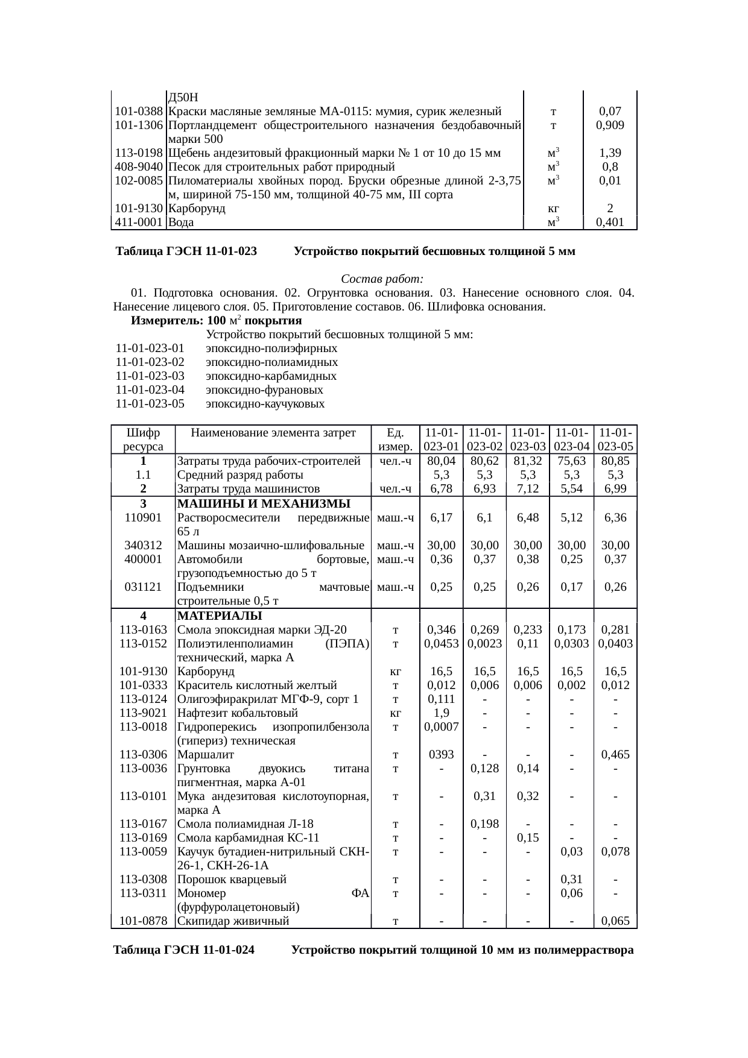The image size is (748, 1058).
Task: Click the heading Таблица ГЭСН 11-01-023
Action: click(x=186, y=251)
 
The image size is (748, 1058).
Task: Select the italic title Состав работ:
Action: click(x=382, y=279)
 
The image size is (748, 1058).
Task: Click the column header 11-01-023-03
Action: click(x=528, y=439)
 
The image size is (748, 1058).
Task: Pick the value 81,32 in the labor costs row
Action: click(x=528, y=461)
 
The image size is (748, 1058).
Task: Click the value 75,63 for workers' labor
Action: click(x=571, y=461)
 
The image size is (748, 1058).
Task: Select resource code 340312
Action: click(x=143, y=545)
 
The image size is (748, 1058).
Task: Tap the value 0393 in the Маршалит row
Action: click(x=442, y=754)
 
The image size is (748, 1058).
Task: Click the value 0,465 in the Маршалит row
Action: click(x=615, y=754)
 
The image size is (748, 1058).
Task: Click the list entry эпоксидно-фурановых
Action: click(x=264, y=390)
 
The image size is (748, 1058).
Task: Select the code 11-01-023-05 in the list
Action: click(x=150, y=404)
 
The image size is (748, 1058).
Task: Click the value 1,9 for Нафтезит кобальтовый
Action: click(x=442, y=713)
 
